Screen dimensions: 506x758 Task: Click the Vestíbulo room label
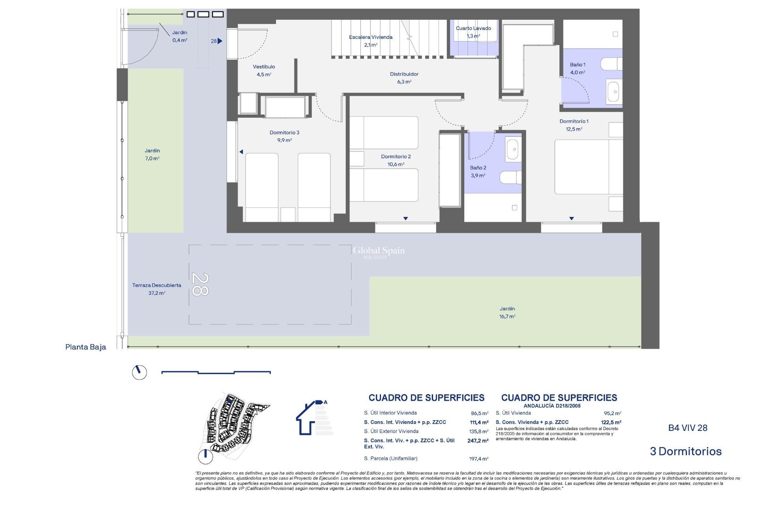(x=264, y=70)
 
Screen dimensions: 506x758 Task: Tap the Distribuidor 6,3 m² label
(x=404, y=77)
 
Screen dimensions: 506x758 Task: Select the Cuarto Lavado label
(x=473, y=32)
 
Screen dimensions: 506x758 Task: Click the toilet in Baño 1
(x=611, y=64)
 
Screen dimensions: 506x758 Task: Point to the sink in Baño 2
(x=513, y=149)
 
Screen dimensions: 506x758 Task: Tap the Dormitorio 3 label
(x=284, y=136)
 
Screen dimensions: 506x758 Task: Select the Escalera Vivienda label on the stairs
(x=370, y=41)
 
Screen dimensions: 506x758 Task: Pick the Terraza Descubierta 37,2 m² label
(x=156, y=289)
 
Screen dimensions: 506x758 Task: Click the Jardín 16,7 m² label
(x=507, y=312)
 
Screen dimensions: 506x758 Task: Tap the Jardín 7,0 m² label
(x=152, y=154)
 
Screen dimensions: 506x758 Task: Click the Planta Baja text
(x=86, y=347)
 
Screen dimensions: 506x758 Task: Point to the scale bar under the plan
(x=216, y=372)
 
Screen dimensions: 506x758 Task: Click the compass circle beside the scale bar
(x=139, y=372)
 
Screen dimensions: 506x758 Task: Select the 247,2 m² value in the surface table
(x=478, y=440)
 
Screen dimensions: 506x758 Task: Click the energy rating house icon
(x=312, y=418)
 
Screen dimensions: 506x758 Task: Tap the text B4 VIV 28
(x=687, y=428)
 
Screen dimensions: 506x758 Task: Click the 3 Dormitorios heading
(x=685, y=451)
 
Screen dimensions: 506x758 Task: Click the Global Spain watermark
(x=379, y=251)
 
